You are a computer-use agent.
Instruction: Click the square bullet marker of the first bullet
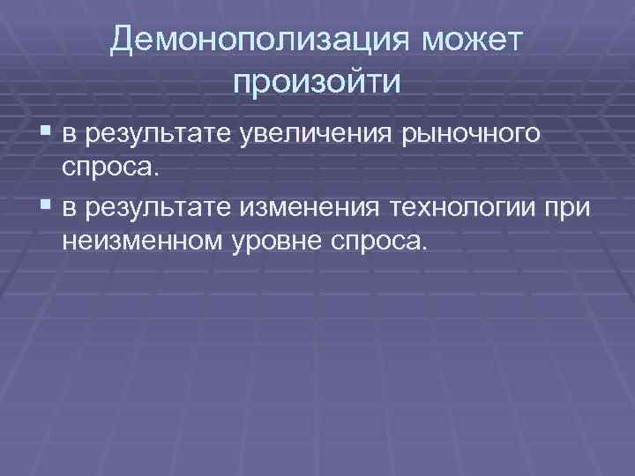pyautogui.click(x=46, y=134)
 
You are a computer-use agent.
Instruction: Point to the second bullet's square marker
pyautogui.click(x=46, y=205)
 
